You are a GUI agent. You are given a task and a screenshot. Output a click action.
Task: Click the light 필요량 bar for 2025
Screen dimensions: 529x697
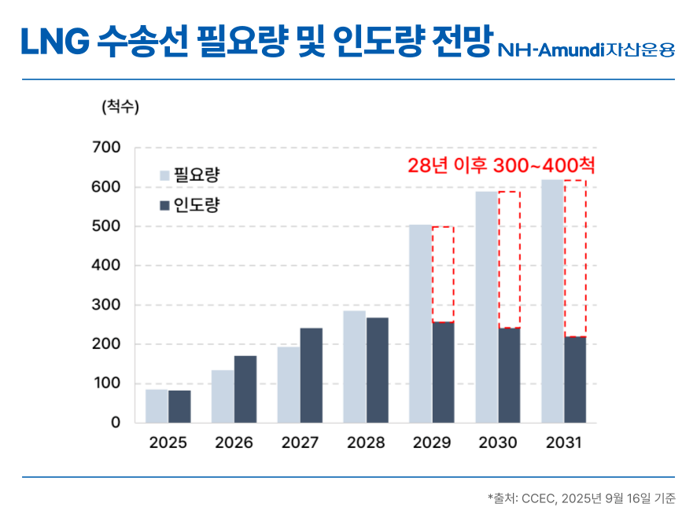coord(157,406)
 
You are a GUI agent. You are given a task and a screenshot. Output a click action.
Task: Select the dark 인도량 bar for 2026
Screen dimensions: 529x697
coord(245,389)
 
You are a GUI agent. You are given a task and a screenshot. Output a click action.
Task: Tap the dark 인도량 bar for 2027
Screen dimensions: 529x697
coord(312,375)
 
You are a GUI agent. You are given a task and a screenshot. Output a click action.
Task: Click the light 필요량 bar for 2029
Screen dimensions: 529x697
coord(420,324)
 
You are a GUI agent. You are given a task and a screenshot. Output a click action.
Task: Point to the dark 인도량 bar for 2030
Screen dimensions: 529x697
coord(509,375)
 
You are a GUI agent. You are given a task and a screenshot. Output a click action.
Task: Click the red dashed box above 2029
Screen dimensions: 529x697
coord(443,274)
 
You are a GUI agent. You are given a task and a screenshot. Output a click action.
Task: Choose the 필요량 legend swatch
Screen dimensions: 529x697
coord(164,175)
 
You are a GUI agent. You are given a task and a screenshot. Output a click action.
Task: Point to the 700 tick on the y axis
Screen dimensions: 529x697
coord(106,147)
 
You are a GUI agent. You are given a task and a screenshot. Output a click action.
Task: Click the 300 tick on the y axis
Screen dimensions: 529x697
coord(106,304)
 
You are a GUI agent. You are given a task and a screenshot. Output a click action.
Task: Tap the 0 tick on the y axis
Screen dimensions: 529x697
coord(116,422)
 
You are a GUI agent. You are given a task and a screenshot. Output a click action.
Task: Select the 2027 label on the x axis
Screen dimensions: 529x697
coord(300,443)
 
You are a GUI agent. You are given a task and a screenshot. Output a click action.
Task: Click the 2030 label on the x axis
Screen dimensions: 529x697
coord(498,443)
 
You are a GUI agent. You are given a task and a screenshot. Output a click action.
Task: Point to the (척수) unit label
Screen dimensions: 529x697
coord(120,108)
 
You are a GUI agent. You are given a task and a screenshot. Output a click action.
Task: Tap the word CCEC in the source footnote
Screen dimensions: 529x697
coord(538,498)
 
